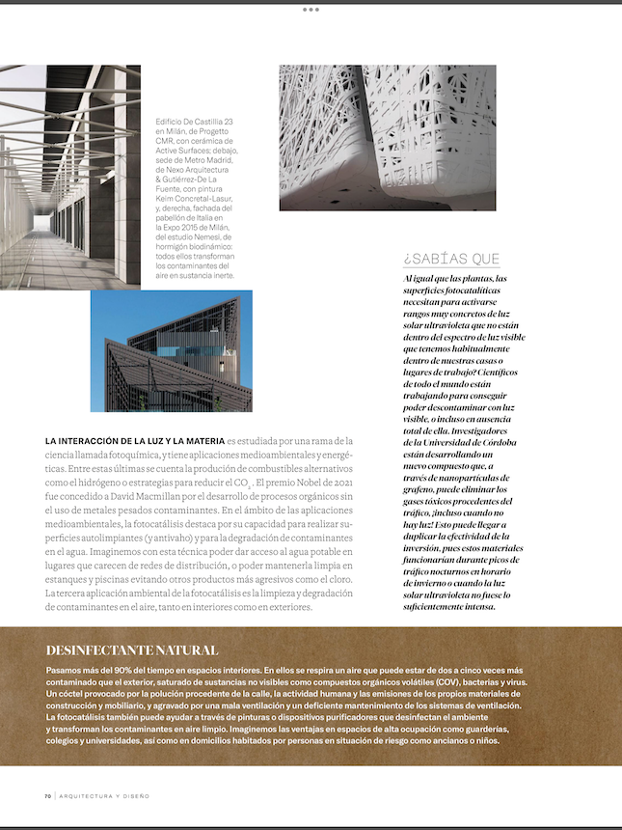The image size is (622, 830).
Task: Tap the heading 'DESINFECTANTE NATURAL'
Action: (x=132, y=650)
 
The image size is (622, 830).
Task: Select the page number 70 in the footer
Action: (x=47, y=796)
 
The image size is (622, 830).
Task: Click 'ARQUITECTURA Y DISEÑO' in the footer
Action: (x=104, y=796)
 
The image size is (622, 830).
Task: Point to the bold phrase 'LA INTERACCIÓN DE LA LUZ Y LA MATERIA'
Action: (x=135, y=440)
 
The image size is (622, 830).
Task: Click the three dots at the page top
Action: (x=311, y=9)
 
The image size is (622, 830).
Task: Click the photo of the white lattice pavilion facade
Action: (x=388, y=137)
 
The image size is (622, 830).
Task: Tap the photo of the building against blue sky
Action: (x=172, y=351)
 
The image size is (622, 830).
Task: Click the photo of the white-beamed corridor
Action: (x=69, y=177)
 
